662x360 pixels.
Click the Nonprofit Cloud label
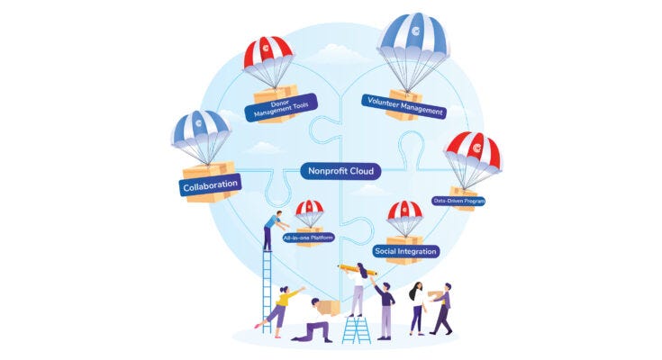[340, 171]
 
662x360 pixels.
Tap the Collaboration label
[210, 186]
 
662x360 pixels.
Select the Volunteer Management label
[404, 106]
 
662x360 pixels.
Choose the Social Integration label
[405, 250]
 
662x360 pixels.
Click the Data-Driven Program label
[458, 201]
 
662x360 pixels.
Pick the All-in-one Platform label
[309, 238]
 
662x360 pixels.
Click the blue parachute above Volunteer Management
[413, 40]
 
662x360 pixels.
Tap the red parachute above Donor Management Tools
[268, 53]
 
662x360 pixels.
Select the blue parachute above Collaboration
[201, 128]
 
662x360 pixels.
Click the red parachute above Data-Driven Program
[472, 150]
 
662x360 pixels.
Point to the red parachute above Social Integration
[404, 213]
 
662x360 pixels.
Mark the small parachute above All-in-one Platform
[309, 210]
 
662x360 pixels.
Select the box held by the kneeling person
[329, 307]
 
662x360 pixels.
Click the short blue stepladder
[356, 329]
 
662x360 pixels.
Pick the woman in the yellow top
[282, 306]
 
